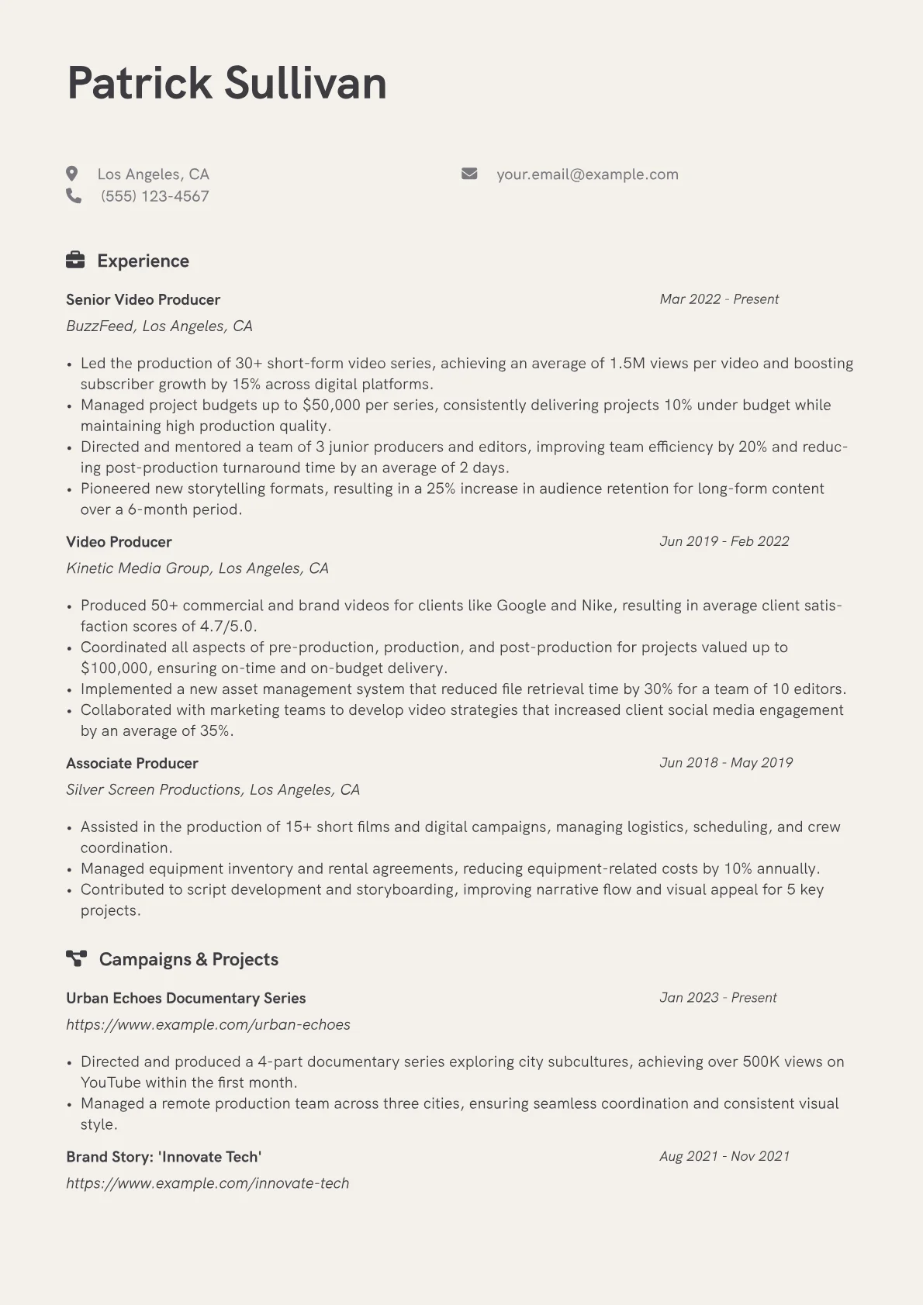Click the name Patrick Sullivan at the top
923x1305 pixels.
pos(226,83)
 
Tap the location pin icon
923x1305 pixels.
pos(72,174)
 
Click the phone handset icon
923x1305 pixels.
pos(74,196)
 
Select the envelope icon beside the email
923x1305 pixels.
pos(469,174)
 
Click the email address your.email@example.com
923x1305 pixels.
pos(587,174)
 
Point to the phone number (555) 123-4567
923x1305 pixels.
pos(155,196)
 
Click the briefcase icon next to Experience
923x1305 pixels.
pos(75,261)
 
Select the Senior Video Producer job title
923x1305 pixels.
pos(143,299)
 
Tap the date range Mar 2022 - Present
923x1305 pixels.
pos(719,299)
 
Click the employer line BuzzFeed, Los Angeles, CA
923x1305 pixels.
pos(159,326)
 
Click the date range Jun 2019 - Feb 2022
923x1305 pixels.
pos(724,541)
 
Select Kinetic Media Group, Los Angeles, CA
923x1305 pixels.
pos(197,568)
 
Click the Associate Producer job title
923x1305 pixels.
pos(132,763)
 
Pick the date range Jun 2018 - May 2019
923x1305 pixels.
pos(726,763)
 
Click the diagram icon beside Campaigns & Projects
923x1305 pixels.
pos(76,959)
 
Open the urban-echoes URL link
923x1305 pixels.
pos(208,1024)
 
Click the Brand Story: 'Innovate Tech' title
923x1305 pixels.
pos(164,1157)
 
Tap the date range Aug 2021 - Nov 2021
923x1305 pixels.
pos(724,1156)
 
